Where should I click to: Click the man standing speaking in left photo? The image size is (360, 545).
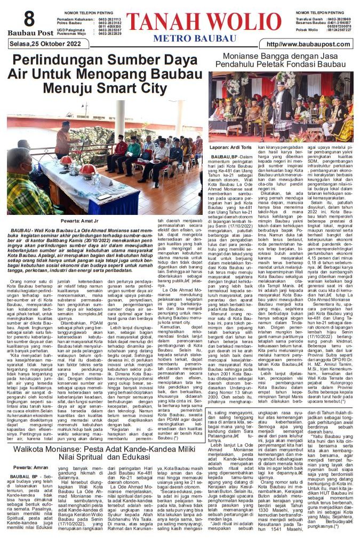point(63,138)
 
